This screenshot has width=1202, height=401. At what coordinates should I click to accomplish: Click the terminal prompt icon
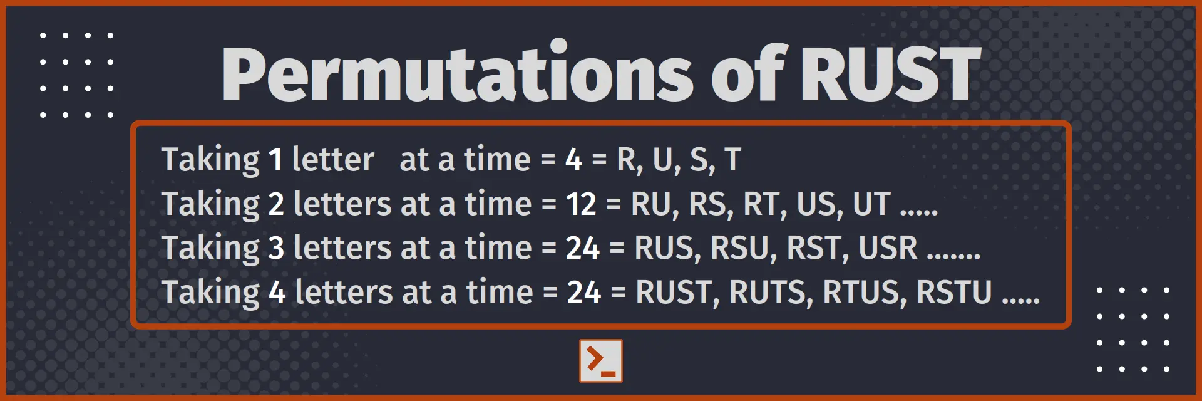(601, 361)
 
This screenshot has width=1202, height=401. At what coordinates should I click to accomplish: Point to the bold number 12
(581, 204)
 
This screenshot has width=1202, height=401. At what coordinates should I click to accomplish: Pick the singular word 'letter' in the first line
(333, 160)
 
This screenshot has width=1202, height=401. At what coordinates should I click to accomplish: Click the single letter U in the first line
(664, 160)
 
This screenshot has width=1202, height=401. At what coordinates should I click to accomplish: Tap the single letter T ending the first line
(732, 160)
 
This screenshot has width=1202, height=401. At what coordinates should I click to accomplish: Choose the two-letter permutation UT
(872, 204)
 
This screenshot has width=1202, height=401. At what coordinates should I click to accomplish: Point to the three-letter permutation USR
(888, 248)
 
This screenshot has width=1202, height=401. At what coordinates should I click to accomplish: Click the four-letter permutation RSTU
(954, 293)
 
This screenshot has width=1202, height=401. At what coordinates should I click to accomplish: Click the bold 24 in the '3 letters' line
(583, 248)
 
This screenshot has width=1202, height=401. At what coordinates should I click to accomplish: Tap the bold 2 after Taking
(276, 204)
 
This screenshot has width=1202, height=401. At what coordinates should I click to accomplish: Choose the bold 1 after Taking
(275, 160)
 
